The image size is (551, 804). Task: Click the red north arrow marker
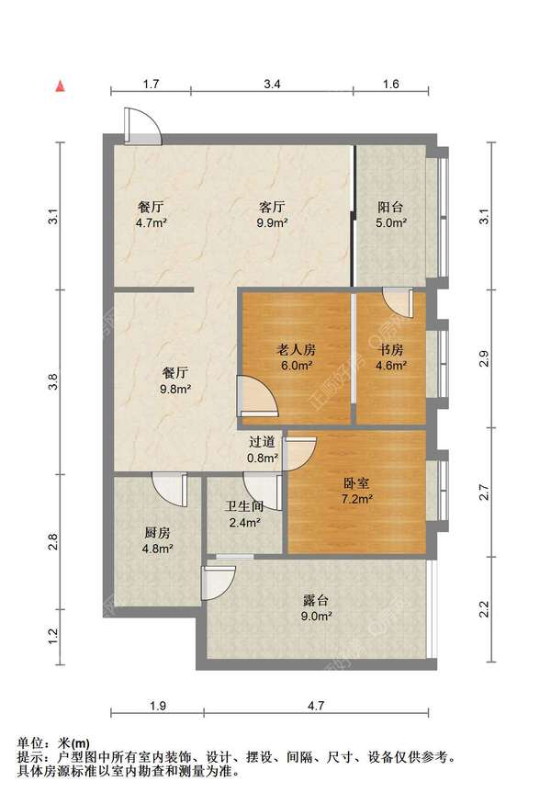61,86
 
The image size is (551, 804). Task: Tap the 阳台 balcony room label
390,207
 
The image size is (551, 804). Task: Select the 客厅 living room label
272,207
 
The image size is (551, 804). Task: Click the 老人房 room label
296,350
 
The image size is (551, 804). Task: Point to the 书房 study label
390,350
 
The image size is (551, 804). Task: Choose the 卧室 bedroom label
356,483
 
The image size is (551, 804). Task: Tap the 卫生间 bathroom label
244,506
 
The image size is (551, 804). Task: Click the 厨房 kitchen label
157,533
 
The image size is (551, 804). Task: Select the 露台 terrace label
315,600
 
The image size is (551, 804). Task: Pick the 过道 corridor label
262,441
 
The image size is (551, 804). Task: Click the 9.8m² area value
175,389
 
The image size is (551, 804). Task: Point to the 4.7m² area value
152,222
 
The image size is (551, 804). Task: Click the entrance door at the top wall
143,126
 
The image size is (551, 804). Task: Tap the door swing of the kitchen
170,490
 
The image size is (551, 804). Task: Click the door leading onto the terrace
219,583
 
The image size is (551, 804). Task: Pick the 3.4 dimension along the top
272,84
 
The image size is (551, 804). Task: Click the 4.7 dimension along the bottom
316,706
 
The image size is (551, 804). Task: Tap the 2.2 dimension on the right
484,609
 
